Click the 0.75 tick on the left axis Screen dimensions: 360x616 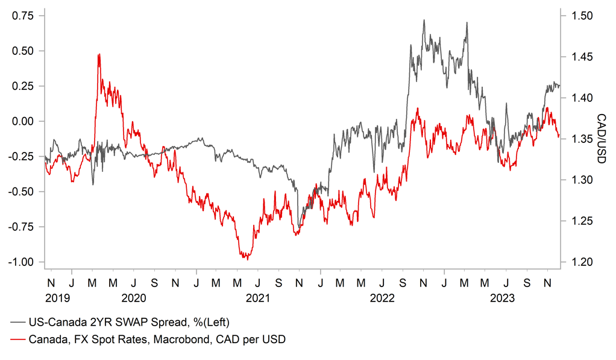point(23,16)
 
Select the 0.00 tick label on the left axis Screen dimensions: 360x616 point(23,121)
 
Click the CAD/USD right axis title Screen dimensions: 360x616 point(601,139)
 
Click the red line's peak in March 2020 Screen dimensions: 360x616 point(98,54)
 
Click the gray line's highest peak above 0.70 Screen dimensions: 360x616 point(424,20)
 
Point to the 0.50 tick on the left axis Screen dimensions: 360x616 point(23,51)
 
